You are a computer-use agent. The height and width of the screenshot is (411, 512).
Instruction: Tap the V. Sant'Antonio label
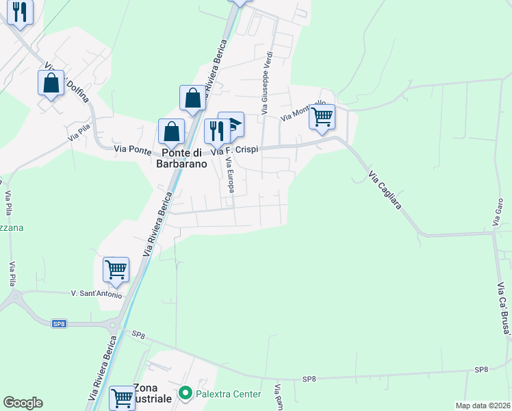tap(97, 295)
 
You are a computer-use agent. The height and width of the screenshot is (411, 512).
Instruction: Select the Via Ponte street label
tap(133, 148)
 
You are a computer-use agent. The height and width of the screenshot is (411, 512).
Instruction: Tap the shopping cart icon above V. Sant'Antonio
tap(116, 269)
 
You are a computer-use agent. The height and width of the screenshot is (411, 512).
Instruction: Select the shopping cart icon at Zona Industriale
tap(123, 397)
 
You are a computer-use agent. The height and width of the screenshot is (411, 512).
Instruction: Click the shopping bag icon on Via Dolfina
tap(51, 83)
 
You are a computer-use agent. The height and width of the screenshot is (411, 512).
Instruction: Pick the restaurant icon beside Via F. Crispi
tap(217, 129)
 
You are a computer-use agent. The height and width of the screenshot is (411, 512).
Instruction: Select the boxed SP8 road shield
tap(60, 323)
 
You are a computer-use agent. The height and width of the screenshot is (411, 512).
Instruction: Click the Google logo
tap(23, 403)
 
